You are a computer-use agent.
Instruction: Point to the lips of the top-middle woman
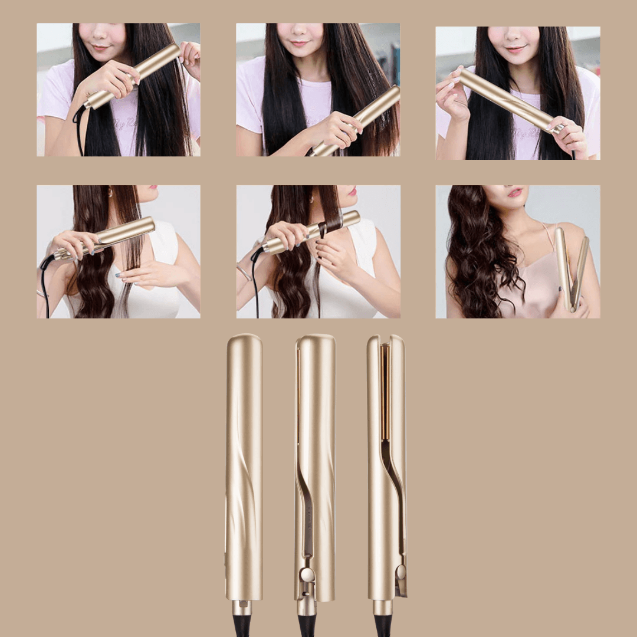click(300, 43)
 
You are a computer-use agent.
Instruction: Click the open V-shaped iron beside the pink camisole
click(571, 268)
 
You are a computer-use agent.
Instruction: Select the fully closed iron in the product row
click(244, 466)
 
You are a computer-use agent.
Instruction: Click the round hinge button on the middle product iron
click(306, 575)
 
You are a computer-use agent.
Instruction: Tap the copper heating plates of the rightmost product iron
click(385, 389)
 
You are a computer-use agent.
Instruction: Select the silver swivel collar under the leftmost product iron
click(242, 608)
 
